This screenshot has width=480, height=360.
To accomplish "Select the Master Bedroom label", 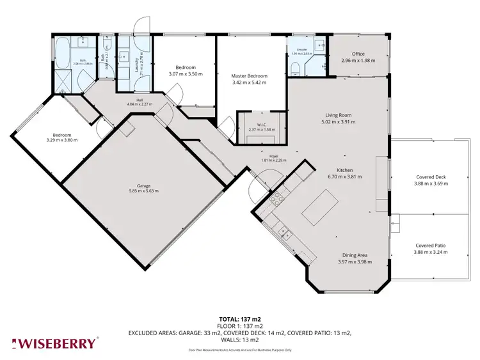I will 248,76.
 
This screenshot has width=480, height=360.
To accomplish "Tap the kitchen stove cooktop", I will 277,200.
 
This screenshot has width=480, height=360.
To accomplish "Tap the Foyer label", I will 273,156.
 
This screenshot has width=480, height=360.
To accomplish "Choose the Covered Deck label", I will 430,177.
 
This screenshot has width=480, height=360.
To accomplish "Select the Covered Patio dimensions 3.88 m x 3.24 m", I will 430,252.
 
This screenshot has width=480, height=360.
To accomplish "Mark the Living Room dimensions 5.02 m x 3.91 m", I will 339,121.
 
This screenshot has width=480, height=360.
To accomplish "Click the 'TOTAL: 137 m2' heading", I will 240,318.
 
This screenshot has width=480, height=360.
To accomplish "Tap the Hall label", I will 134,99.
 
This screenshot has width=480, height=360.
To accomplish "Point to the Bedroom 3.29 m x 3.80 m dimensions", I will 61,140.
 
